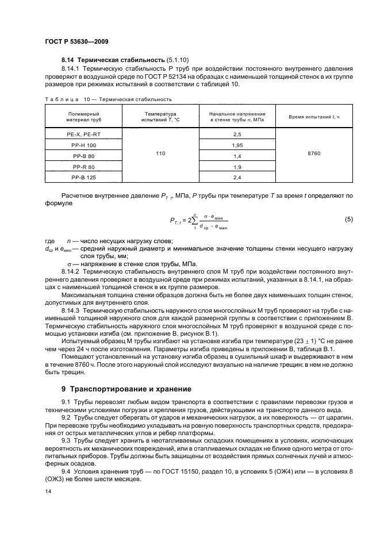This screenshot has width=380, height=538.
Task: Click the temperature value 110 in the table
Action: (x=160, y=156)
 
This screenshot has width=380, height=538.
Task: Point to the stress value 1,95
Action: (x=237, y=145)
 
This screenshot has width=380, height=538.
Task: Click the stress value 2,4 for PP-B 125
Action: (x=237, y=178)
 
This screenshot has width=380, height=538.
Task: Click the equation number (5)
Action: (x=348, y=220)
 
